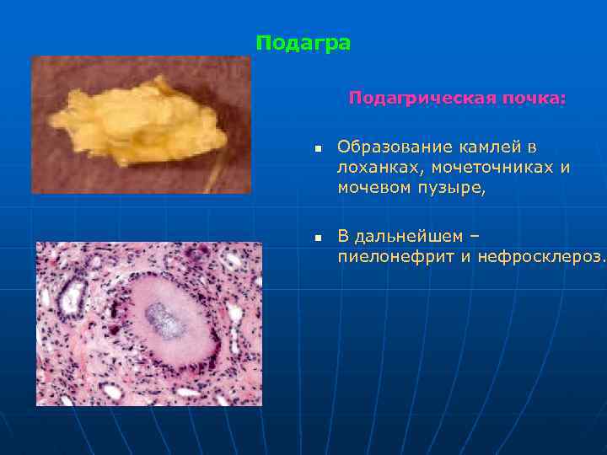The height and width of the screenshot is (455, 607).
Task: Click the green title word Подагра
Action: click(x=303, y=43)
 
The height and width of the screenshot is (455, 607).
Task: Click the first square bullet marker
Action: click(x=318, y=149)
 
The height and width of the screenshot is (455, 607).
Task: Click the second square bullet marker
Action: click(x=318, y=238)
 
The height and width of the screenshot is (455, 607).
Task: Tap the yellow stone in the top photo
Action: click(x=136, y=117)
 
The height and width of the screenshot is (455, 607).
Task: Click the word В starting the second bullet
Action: click(x=343, y=235)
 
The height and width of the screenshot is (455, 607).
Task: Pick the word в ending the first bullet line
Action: click(x=532, y=147)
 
